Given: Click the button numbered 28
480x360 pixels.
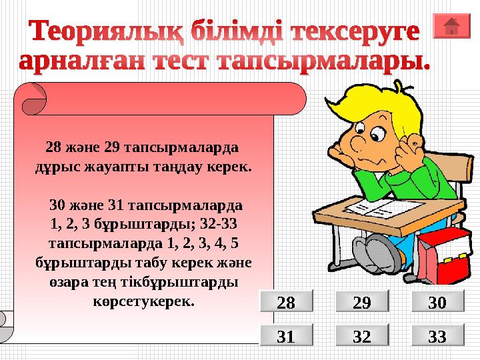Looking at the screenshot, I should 285,303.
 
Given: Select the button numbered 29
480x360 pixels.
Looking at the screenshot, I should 361,303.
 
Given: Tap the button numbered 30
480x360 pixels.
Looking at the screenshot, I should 437,303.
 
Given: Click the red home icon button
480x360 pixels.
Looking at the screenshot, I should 451,26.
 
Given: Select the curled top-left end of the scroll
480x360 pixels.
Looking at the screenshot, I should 33,100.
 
